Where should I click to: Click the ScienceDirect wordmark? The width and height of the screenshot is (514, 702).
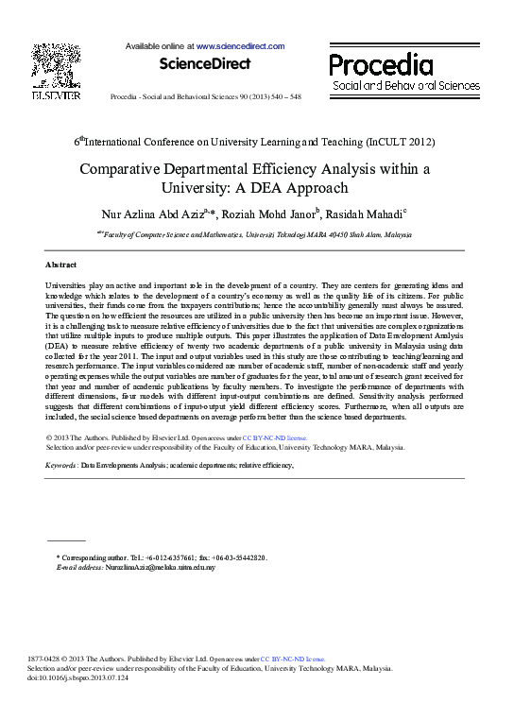[x=205, y=64]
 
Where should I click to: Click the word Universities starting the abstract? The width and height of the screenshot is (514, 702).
[x=68, y=284]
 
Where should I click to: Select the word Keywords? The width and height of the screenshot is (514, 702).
[x=61, y=466]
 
